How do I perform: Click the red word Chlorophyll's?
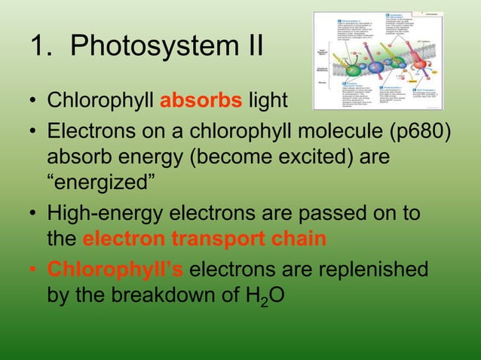[x=112, y=270]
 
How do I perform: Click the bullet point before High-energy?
[x=34, y=215]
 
